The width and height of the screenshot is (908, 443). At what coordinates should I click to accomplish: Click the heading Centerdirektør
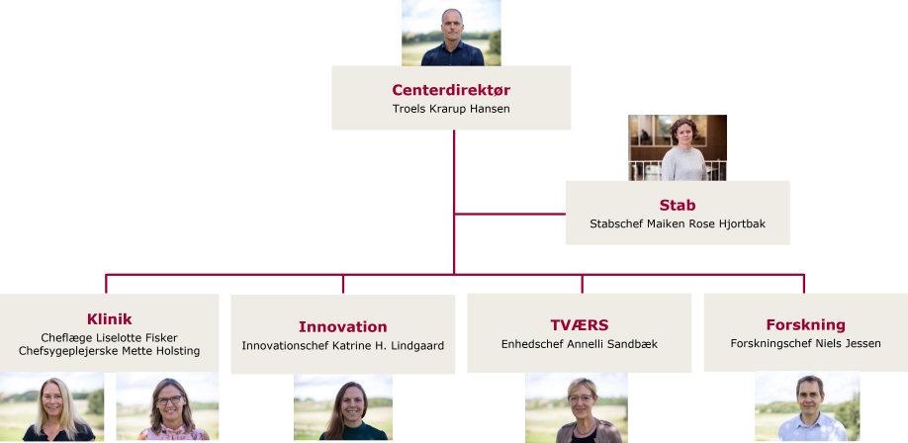[x=451, y=90]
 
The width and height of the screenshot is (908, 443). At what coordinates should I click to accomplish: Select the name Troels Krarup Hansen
[x=451, y=109]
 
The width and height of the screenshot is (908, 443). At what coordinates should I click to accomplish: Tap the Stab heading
[x=678, y=205]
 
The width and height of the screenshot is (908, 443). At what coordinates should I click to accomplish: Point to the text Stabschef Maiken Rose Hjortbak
[x=678, y=223]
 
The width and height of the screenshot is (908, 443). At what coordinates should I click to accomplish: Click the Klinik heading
[x=110, y=319]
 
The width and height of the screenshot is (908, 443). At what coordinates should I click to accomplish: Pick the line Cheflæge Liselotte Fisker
[x=110, y=337]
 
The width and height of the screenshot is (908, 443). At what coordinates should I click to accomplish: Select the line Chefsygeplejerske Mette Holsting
[x=110, y=351]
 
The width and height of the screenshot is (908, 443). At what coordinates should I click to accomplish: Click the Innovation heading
[x=343, y=326]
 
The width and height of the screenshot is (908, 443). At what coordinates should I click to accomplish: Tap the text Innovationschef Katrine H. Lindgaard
[x=343, y=346]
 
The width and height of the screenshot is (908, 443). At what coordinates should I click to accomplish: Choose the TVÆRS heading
[x=580, y=325]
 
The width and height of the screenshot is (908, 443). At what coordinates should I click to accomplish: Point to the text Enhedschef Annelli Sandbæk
[x=580, y=344]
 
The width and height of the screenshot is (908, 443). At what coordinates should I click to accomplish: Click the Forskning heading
[x=805, y=324]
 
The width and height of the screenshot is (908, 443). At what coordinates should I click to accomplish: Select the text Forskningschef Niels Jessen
[x=805, y=343]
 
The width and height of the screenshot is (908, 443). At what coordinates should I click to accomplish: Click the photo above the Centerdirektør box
[x=451, y=33]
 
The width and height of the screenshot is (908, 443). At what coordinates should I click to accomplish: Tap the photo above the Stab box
[x=678, y=147]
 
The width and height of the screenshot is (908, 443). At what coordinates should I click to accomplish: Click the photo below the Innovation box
[x=343, y=407]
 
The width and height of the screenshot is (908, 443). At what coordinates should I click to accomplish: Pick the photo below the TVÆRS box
[x=577, y=407]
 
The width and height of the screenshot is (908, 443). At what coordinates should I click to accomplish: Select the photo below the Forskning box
[x=807, y=406]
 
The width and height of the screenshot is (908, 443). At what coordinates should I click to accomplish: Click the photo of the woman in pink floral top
[x=167, y=406]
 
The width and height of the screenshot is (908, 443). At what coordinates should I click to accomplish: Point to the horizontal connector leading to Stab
[x=510, y=214]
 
